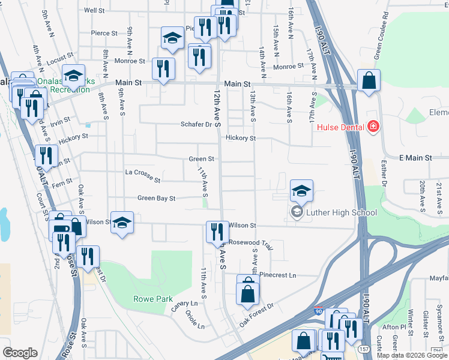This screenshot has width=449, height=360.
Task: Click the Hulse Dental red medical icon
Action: point(373,126)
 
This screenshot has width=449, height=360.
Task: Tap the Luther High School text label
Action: point(341,212)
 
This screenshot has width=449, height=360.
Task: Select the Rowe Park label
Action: point(152,299)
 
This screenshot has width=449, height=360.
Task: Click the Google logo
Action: point(20,352)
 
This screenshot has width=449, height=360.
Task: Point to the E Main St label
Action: point(415,158)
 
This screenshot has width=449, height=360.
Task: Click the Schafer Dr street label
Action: point(197,125)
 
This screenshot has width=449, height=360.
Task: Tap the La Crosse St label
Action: point(142,175)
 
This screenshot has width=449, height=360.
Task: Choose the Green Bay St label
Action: point(156,197)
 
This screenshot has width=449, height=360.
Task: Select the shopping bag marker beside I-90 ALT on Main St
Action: point(369,80)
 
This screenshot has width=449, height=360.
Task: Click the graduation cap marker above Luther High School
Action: point(301,190)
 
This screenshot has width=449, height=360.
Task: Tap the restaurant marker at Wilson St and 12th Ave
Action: point(217,232)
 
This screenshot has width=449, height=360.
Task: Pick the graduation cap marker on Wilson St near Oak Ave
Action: point(122,223)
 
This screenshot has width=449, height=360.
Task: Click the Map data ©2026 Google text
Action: point(411,355)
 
